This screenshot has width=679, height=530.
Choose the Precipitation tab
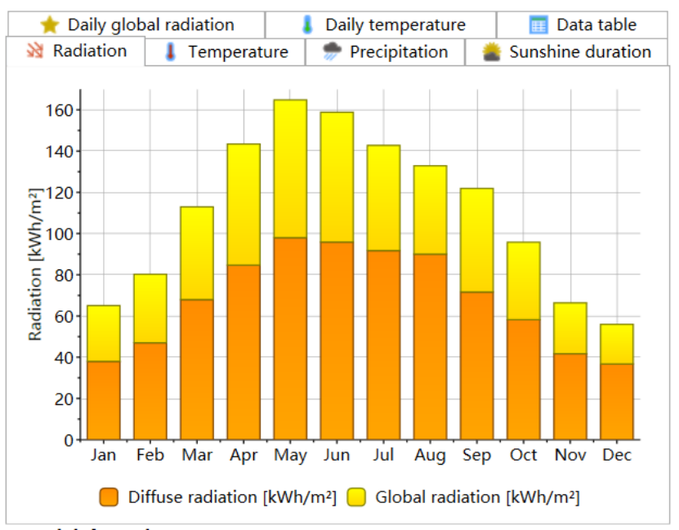(x=386, y=52)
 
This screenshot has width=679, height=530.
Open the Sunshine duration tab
(x=569, y=52)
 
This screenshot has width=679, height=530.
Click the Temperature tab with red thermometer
(x=226, y=52)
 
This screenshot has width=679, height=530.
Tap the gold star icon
(x=49, y=24)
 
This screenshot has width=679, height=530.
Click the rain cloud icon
(x=333, y=52)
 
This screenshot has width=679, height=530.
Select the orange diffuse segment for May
(x=290, y=339)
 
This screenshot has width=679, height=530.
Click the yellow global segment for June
(x=337, y=176)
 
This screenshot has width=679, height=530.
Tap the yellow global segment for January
(x=104, y=333)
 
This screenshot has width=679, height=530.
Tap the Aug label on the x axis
(x=431, y=456)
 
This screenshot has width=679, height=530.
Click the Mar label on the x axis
(x=197, y=456)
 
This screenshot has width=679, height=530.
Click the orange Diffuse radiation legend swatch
(x=109, y=497)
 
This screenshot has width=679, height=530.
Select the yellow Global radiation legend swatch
(x=356, y=497)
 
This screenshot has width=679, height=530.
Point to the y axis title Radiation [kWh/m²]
(x=35, y=264)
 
